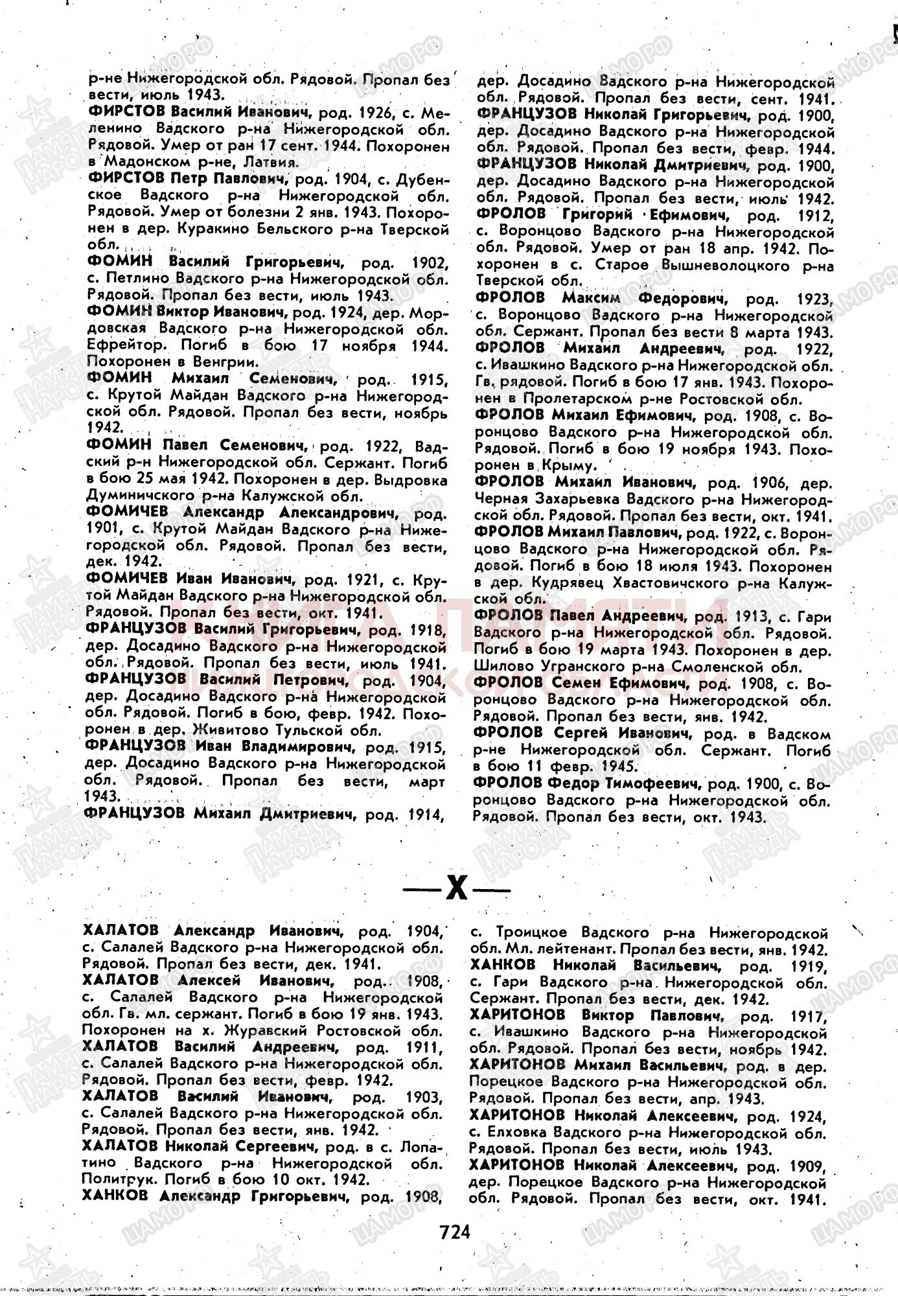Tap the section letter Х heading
(x=457, y=888)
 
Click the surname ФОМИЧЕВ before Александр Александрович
(x=126, y=513)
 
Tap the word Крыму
(x=570, y=465)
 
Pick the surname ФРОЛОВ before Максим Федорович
(x=509, y=299)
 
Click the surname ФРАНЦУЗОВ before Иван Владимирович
(x=135, y=746)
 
